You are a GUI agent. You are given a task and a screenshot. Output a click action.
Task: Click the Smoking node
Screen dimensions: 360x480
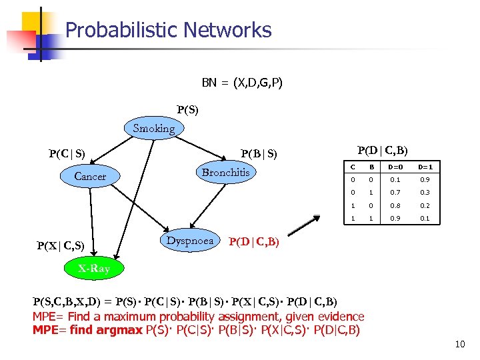click(153, 129)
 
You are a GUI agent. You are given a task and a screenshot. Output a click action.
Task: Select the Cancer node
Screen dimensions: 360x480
click(90, 177)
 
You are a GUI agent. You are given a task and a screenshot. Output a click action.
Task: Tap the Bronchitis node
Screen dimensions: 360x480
click(225, 173)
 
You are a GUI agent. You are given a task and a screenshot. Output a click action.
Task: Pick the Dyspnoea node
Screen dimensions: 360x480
click(190, 241)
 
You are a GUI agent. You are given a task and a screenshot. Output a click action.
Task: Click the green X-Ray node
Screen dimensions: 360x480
click(93, 269)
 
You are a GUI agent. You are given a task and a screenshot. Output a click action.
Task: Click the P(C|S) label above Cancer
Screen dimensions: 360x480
click(67, 154)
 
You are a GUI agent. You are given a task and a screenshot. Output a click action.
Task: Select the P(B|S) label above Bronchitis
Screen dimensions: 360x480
click(259, 154)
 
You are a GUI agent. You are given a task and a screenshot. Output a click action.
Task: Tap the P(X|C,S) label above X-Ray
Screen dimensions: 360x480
click(60, 245)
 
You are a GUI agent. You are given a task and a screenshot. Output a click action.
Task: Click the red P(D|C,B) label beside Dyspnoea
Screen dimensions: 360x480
click(254, 242)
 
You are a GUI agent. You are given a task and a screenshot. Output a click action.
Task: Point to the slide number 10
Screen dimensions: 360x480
click(459, 344)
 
